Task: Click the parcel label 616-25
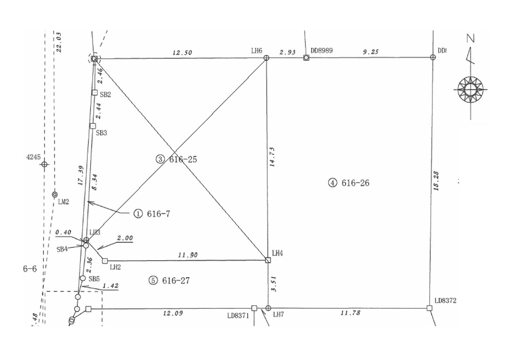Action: click(x=183, y=159)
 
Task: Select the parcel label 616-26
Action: click(x=355, y=183)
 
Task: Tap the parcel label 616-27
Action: click(x=176, y=280)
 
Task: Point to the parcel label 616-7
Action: click(x=159, y=213)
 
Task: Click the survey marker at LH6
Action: click(x=266, y=58)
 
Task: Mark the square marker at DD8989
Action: click(x=306, y=58)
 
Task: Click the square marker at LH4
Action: click(x=267, y=260)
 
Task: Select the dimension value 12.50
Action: click(x=182, y=53)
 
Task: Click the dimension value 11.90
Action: click(x=187, y=255)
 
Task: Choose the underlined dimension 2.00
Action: click(x=125, y=238)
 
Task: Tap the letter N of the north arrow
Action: click(x=470, y=38)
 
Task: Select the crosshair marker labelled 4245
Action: click(x=44, y=164)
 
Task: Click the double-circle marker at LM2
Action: click(x=55, y=195)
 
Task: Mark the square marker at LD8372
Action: click(x=429, y=308)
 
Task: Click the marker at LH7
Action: click(x=268, y=308)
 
